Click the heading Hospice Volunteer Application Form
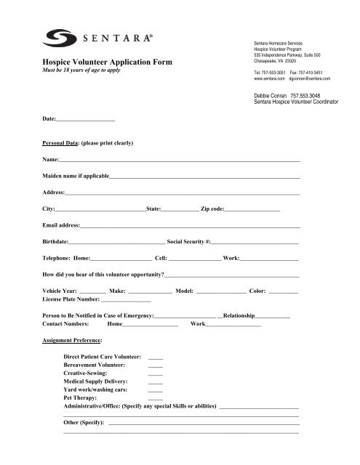pos(108,63)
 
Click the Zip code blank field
pos(253,209)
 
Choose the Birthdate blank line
pos(118,243)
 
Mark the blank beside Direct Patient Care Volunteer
pos(155,359)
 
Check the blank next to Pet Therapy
pos(155,399)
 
